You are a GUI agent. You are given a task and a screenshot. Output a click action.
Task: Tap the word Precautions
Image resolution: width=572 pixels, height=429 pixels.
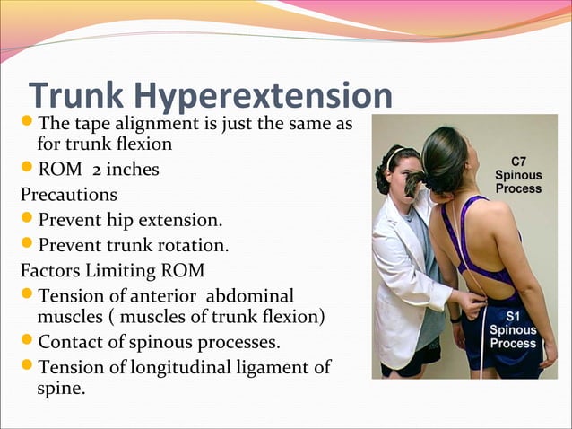click(x=69, y=194)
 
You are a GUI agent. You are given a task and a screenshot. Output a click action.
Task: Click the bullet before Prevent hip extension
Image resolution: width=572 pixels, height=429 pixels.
click(x=27, y=218)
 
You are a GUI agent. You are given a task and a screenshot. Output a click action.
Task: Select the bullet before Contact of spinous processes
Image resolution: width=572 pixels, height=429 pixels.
click(x=27, y=342)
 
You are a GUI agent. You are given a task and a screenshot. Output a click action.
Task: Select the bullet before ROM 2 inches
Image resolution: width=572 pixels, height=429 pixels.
click(x=27, y=168)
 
